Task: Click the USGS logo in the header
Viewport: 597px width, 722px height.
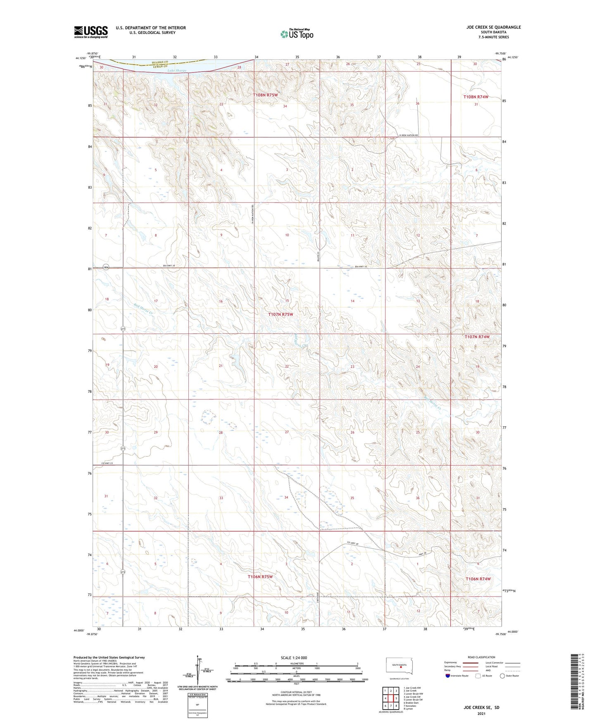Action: coord(91,32)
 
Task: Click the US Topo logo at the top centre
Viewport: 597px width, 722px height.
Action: coord(297,34)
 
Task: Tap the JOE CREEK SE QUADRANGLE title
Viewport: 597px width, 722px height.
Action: coord(493,27)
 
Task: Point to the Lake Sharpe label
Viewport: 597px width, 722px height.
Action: coord(177,71)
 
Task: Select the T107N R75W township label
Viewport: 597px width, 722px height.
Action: coord(281,314)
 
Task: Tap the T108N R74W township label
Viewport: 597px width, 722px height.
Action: coord(476,97)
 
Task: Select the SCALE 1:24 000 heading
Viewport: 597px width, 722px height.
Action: coord(294,657)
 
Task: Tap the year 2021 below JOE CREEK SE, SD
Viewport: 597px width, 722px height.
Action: coord(481,714)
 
